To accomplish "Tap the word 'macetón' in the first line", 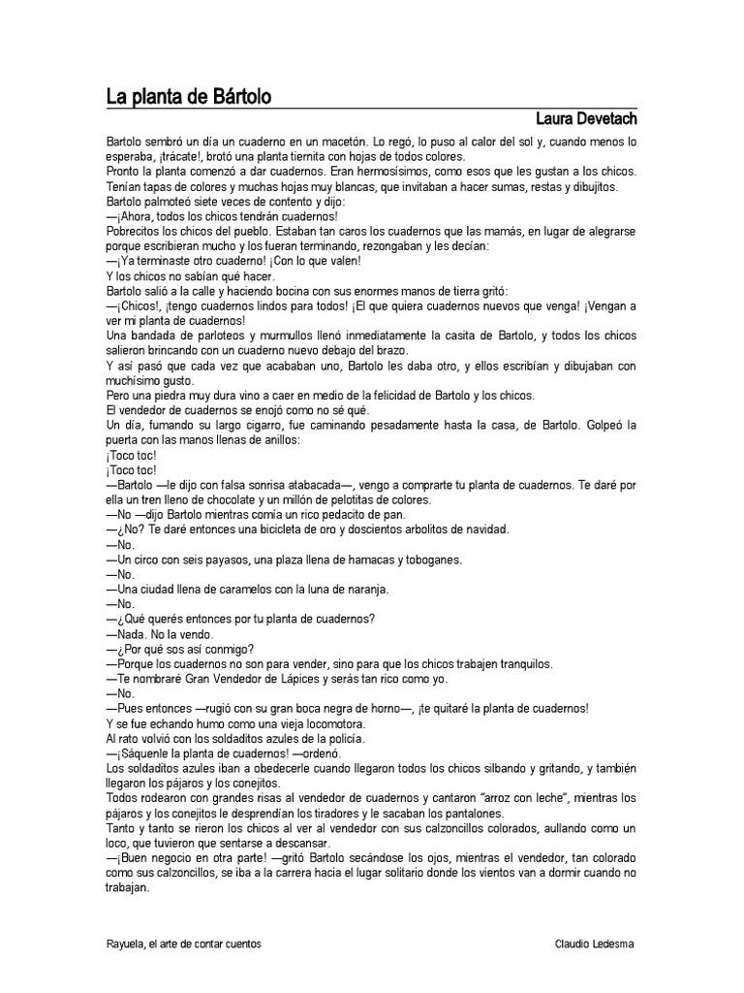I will pyautogui.click(x=344, y=142).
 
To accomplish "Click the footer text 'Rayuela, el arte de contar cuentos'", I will pyautogui.click(x=184, y=944).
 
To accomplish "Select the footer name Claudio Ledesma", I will pyautogui.click(x=595, y=944).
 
